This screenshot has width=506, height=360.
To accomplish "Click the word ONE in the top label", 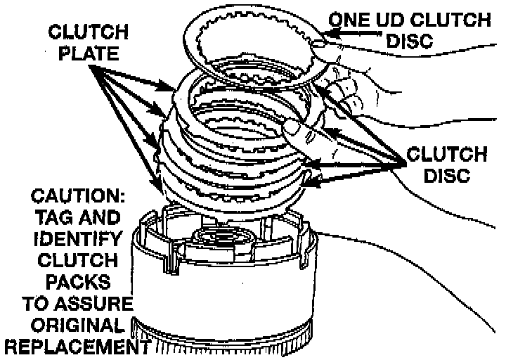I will (x=350, y=19).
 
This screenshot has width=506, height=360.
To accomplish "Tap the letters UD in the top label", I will (x=393, y=19).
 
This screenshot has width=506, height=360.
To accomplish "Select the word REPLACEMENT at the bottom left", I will (x=75, y=347).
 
